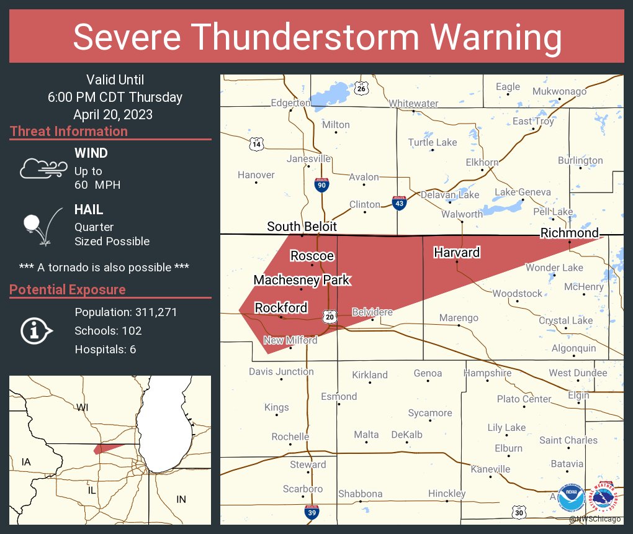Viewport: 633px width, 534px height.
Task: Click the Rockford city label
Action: coord(281,308)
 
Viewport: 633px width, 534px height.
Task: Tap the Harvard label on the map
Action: coord(457,253)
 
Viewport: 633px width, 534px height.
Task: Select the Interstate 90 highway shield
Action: coord(321,185)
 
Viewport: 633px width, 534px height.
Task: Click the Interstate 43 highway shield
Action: coord(400,202)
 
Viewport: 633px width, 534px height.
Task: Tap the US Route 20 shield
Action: coord(329,316)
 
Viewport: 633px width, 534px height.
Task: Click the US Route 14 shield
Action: coord(256,145)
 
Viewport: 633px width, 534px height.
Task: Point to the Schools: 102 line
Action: coord(108,330)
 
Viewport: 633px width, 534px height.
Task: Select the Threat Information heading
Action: coord(69,132)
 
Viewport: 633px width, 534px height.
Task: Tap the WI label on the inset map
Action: coord(83,407)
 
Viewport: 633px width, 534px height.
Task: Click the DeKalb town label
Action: coord(406,435)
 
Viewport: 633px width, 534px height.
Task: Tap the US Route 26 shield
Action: coord(361,89)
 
